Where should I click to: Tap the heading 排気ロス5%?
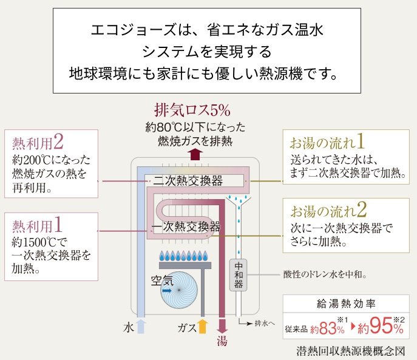pyautogui.click(x=192, y=111)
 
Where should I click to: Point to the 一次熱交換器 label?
pyautogui.click(x=186, y=227)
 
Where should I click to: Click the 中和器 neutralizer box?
pyautogui.click(x=239, y=274)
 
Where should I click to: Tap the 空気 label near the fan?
pyautogui.click(x=162, y=280)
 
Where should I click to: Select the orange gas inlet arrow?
pyautogui.click(x=203, y=326)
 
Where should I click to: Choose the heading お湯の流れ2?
pyautogui.click(x=328, y=211)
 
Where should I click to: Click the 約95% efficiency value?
pyautogui.click(x=380, y=328)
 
